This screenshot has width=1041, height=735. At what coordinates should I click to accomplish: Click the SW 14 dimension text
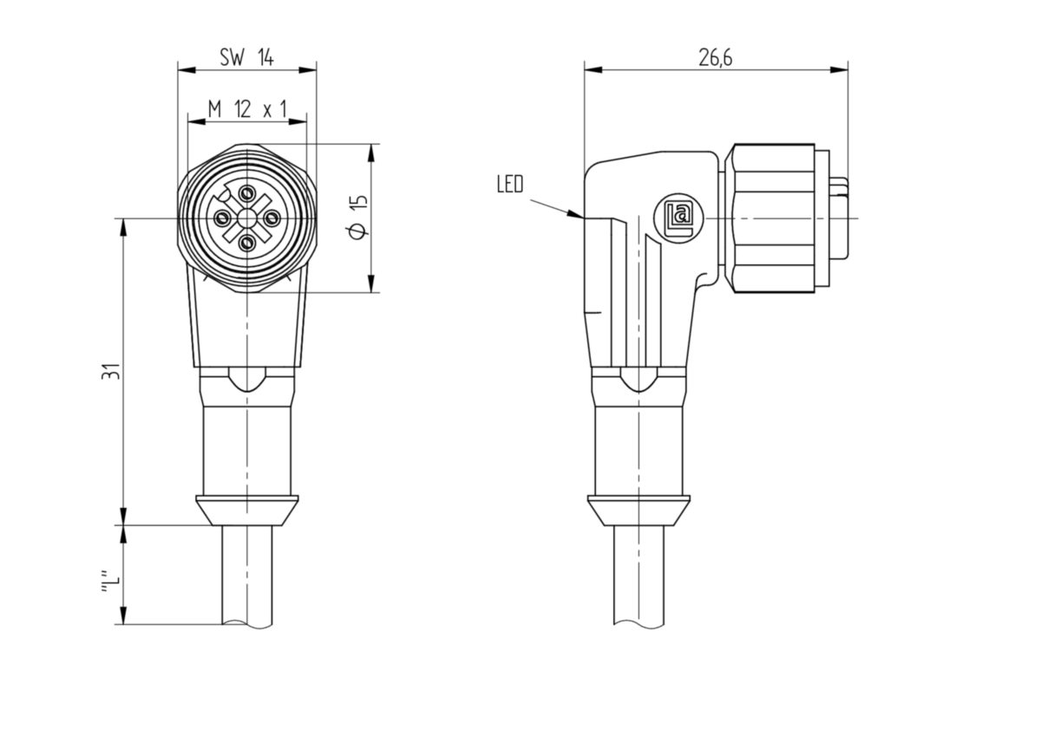coord(246,57)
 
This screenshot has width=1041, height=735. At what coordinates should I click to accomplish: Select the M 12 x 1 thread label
coord(247,109)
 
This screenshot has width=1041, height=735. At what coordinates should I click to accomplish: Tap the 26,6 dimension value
coord(716,58)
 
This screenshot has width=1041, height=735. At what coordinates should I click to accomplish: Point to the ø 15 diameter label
coord(359,218)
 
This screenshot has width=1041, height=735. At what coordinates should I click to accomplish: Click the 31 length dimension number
coord(111,372)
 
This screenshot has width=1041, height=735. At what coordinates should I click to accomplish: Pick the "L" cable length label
coord(110,581)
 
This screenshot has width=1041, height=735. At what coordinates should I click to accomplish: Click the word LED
coord(510,184)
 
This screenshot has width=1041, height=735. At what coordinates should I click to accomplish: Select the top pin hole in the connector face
coord(248,192)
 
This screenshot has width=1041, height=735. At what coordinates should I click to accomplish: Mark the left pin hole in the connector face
coord(223,217)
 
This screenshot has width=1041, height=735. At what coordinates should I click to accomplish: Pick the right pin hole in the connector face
coord(272,217)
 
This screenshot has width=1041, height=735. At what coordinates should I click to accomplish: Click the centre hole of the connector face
coord(247,217)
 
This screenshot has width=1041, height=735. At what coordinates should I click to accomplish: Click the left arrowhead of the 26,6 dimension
coord(593,70)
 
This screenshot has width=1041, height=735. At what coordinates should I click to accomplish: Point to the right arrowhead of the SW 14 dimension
coord(307,70)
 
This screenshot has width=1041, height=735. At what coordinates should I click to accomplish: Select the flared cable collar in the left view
coord(247,511)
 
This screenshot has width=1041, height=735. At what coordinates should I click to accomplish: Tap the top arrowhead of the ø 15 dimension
coord(371,153)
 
